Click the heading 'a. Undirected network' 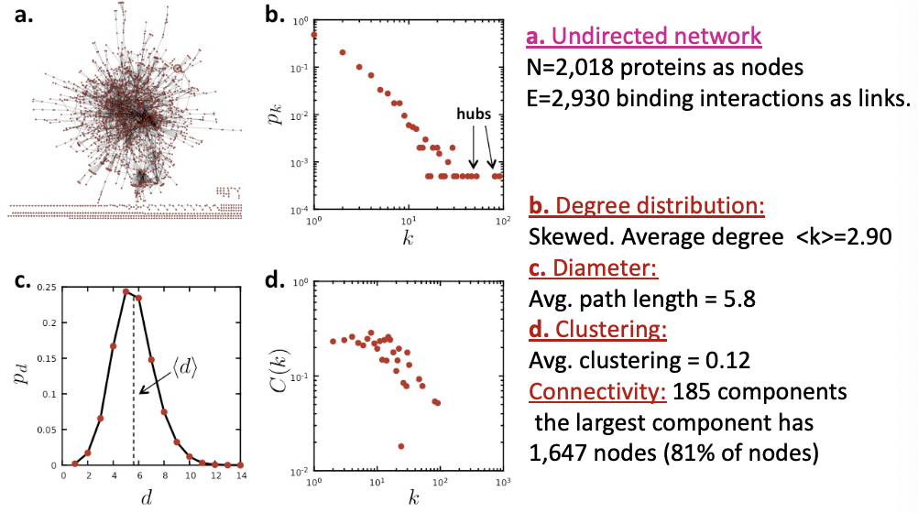643,37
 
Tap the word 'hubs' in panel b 474,114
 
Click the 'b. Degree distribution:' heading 646,205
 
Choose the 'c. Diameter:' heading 593,267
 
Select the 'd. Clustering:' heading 597,329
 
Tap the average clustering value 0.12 727,360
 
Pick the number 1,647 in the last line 559,453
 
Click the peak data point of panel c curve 126,291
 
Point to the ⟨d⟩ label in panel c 184,367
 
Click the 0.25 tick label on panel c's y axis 47,288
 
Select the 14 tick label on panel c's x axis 241,475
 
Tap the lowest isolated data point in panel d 401,446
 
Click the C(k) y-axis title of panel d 279,374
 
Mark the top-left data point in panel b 314,35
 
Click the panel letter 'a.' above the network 24,14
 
